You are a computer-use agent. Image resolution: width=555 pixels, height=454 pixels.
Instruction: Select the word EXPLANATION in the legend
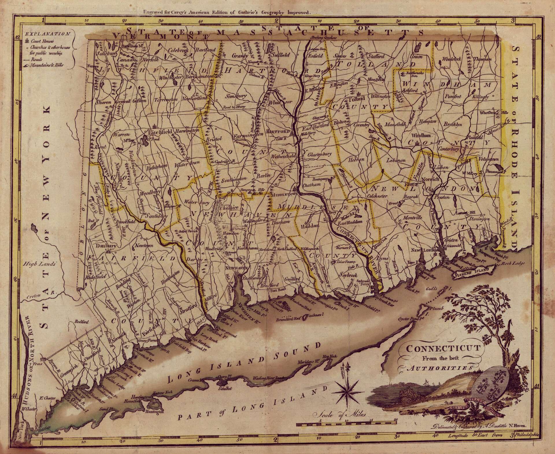[x=48, y=34]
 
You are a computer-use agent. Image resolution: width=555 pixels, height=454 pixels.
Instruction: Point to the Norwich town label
[x=431, y=179]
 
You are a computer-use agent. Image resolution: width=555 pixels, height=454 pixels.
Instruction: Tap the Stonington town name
[x=479, y=219]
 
